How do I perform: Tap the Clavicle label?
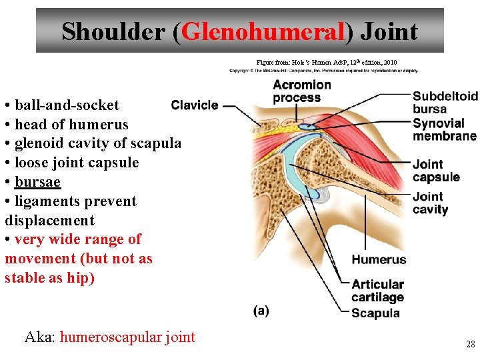(195, 105)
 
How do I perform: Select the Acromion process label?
(301, 91)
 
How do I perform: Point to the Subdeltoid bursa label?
(445, 102)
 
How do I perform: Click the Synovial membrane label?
(444, 129)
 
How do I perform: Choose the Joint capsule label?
(436, 171)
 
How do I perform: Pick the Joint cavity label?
(431, 203)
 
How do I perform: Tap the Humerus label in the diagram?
(379, 259)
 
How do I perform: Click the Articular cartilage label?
(377, 291)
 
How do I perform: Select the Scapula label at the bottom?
(375, 313)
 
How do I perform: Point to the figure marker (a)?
(261, 311)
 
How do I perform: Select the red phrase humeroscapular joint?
(127, 337)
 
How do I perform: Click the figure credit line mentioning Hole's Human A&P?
(327, 62)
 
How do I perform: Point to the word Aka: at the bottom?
(40, 337)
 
